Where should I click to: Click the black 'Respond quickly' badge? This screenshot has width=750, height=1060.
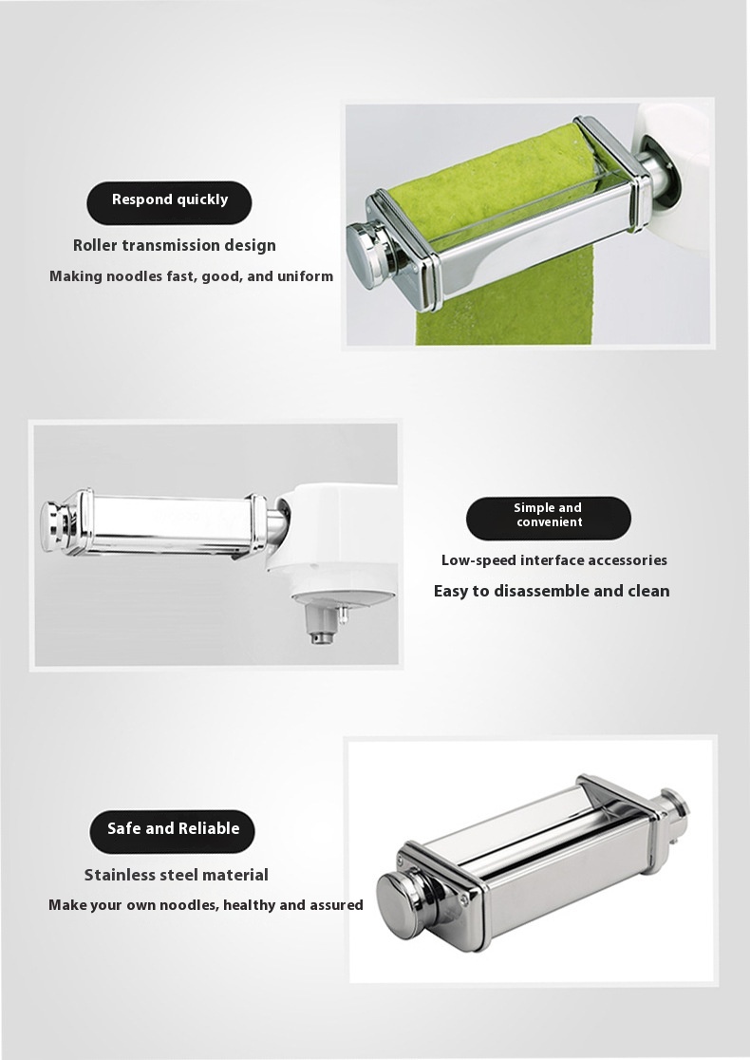tap(169, 202)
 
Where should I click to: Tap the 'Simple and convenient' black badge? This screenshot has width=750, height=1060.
tap(549, 519)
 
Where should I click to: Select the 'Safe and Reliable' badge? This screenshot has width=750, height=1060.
tap(172, 831)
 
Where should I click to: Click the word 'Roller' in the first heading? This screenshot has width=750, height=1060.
tap(95, 245)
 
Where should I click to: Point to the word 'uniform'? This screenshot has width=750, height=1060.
tap(306, 275)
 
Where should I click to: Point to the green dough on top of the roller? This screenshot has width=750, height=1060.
tap(497, 180)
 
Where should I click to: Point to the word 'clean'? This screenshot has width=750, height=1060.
tap(648, 591)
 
